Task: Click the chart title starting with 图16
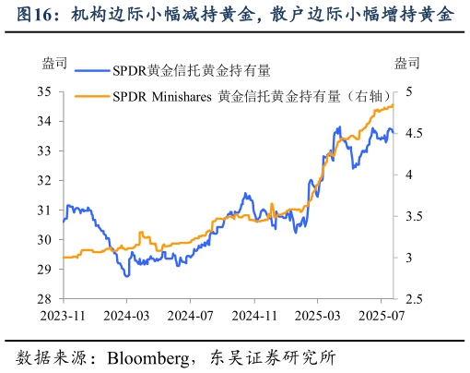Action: pyautogui.click(x=235, y=14)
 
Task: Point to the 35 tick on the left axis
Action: pyautogui.click(x=45, y=91)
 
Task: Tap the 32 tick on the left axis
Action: pyautogui.click(x=45, y=180)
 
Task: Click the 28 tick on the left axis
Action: pyautogui.click(x=45, y=299)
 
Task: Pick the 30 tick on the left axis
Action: pyautogui.click(x=45, y=240)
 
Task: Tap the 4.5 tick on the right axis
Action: pyautogui.click(x=412, y=133)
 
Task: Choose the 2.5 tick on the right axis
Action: pyautogui.click(x=412, y=299)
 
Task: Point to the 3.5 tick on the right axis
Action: pyautogui.click(x=412, y=216)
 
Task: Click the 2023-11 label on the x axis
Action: pyautogui.click(x=63, y=315)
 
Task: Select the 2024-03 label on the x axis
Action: pyautogui.click(x=126, y=315)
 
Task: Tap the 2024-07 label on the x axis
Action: pyautogui.click(x=189, y=315)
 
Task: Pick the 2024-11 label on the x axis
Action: pyautogui.click(x=253, y=315)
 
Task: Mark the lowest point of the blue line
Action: pyautogui.click(x=127, y=276)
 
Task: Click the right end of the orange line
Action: pyautogui.click(x=394, y=105)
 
